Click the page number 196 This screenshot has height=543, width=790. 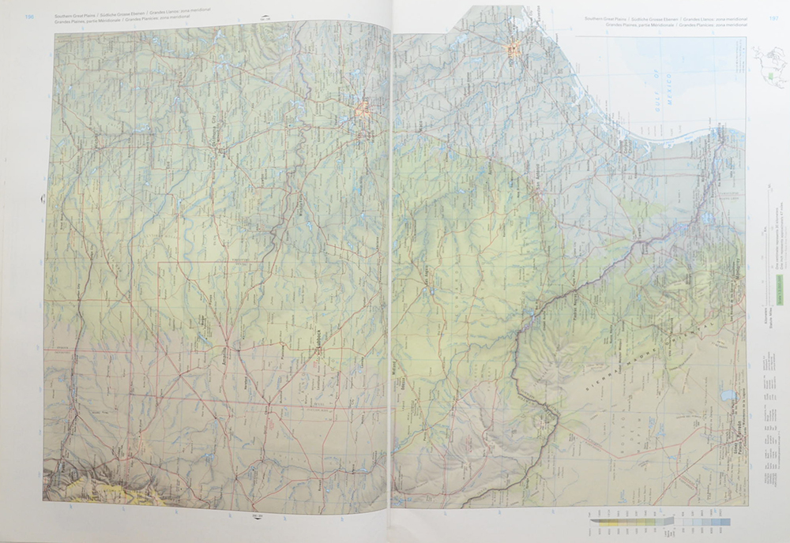pos(31,16)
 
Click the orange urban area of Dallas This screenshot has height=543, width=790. pos(364,110)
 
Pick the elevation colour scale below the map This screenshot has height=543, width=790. pos(660,522)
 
